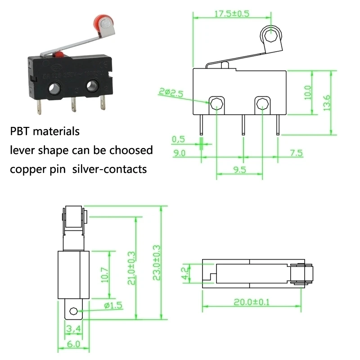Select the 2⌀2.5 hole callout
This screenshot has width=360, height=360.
pyautogui.click(x=171, y=94)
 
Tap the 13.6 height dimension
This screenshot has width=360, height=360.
pyautogui.click(x=328, y=103)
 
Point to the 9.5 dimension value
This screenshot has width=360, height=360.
pyautogui.click(x=240, y=170)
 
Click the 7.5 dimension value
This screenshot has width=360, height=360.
pyautogui.click(x=296, y=153)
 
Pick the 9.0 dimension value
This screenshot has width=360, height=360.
pyautogui.click(x=180, y=153)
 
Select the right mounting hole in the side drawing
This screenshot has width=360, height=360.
pyautogui.click(x=261, y=104)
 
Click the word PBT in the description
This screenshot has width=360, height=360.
pyautogui.click(x=20, y=131)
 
